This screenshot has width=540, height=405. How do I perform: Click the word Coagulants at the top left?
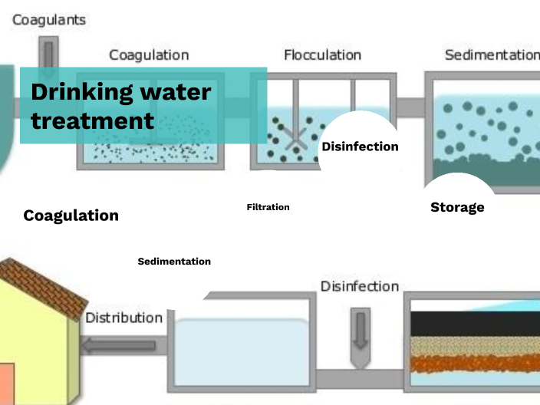[49, 19]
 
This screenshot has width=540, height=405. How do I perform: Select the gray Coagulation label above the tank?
[149, 55]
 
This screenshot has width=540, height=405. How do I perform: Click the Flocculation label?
[322, 55]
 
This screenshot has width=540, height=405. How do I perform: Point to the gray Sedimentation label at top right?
[492, 55]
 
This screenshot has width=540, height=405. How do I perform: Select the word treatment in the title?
[93, 120]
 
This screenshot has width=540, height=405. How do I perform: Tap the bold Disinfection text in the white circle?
[360, 147]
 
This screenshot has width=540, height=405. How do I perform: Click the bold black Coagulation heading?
[71, 216]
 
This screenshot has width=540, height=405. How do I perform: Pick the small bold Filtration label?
[268, 207]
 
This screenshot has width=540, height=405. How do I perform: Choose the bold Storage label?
[457, 207]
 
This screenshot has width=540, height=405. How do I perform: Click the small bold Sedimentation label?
[174, 262]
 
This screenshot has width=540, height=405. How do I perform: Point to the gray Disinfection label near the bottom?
[360, 286]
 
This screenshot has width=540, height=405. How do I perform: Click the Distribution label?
[123, 318]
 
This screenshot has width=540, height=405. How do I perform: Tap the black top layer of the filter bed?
[476, 323]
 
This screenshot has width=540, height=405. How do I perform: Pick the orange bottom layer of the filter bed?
[476, 363]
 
